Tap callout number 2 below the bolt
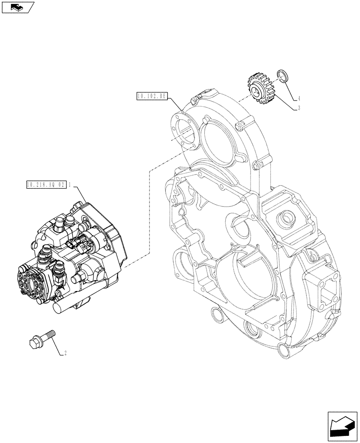pos(66,353)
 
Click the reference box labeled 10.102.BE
pos(151,96)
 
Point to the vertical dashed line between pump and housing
pos(149,213)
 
